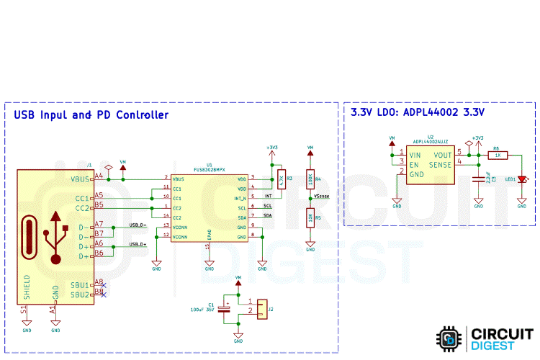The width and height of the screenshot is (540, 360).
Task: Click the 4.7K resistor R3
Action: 282,179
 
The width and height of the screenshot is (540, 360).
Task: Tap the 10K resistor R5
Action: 310,217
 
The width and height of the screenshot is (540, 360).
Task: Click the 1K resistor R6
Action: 498,155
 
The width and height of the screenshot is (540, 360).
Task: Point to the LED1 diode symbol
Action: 523,179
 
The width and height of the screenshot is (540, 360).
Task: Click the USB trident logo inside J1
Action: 55,235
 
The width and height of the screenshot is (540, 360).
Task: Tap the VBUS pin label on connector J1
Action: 81,179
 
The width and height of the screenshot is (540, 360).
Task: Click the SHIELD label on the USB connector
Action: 27,287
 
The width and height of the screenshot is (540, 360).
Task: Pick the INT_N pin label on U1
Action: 240,198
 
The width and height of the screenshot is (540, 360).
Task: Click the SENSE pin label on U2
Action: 440,165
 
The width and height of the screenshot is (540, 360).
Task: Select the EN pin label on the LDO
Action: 414,165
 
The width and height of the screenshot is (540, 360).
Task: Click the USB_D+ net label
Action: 138,244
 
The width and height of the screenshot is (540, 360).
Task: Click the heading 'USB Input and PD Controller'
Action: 91,115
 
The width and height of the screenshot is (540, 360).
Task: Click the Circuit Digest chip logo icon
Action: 449,338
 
